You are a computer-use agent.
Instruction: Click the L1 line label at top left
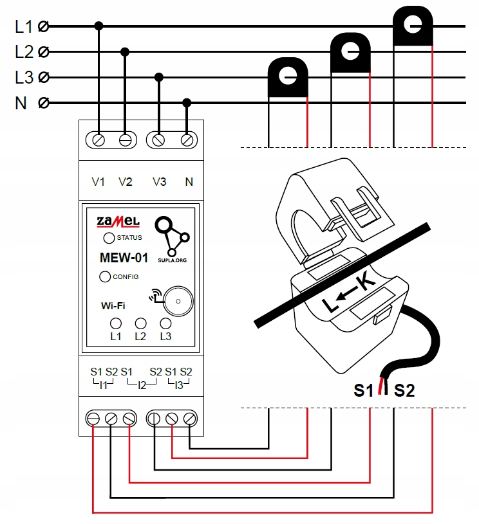[x=24, y=26]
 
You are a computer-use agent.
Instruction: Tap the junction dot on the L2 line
[x=125, y=52]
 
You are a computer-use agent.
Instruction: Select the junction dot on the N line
[x=187, y=103]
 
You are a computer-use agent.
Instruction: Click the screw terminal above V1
[x=99, y=140]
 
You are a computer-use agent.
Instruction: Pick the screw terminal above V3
[x=158, y=140]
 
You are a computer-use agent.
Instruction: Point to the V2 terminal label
[x=126, y=182]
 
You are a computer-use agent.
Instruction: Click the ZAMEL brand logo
[x=118, y=222]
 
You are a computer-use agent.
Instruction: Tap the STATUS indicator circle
[x=109, y=238]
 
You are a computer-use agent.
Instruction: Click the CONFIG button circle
[x=105, y=276]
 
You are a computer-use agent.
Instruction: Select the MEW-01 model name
[x=124, y=258]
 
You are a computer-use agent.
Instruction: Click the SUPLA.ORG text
[x=172, y=260]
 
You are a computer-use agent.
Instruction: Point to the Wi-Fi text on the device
[x=113, y=306]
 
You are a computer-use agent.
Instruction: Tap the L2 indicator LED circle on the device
[x=140, y=323]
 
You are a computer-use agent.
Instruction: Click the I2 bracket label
[x=142, y=385]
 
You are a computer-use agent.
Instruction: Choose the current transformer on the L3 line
[x=288, y=78]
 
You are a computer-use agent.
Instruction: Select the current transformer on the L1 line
[x=413, y=26]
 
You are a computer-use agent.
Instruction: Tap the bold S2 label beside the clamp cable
[x=404, y=390]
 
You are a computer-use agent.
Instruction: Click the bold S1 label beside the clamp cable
[x=364, y=390]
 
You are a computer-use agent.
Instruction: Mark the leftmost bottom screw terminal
[x=93, y=419]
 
